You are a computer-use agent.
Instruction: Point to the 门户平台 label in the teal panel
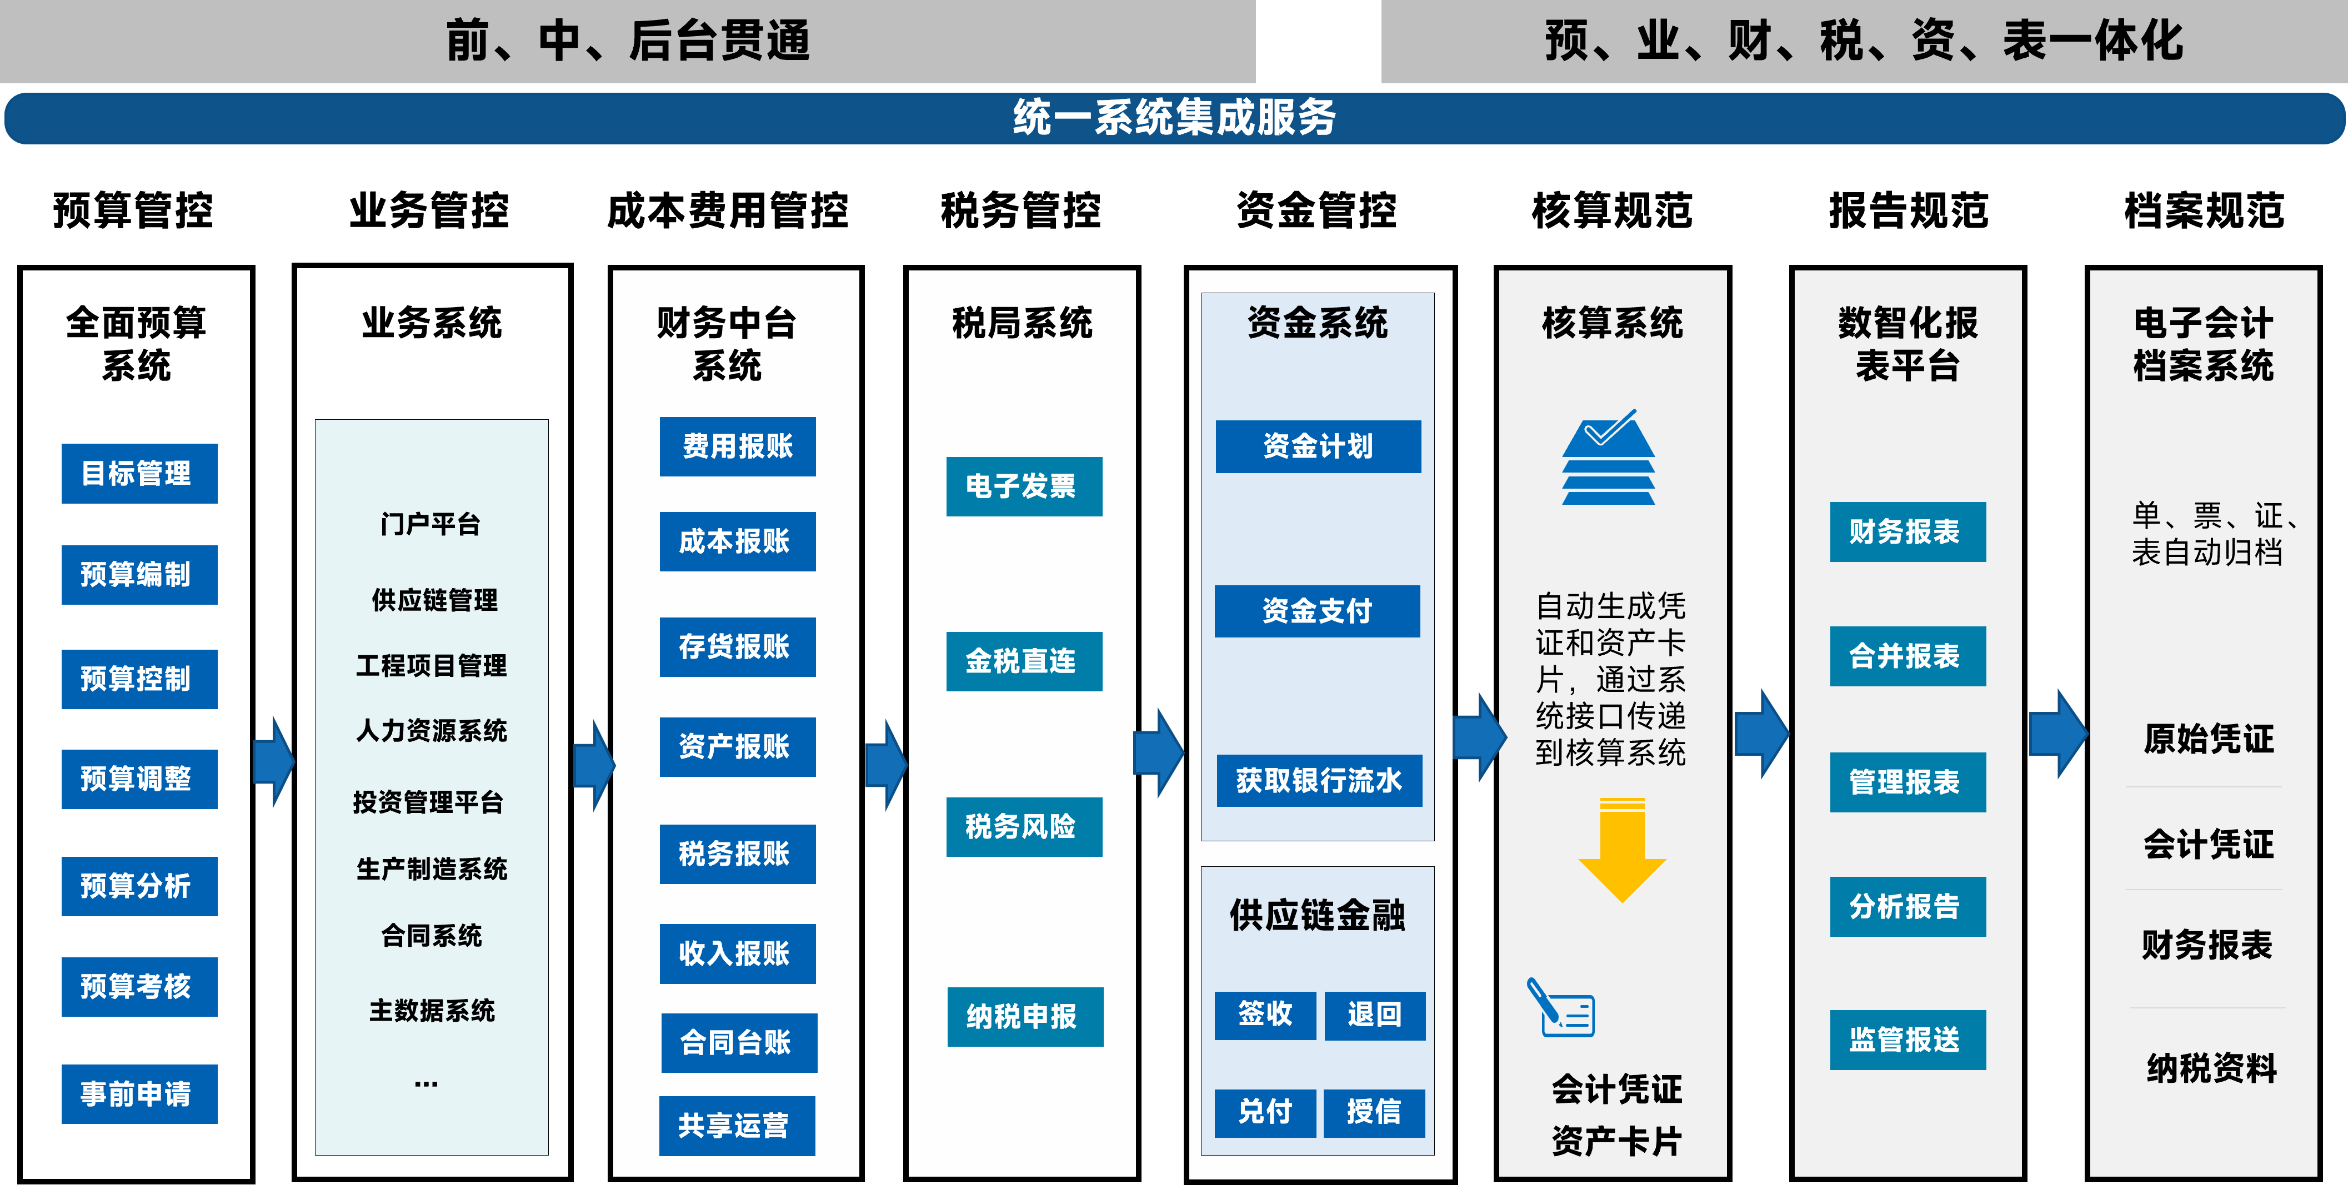pyautogui.click(x=430, y=524)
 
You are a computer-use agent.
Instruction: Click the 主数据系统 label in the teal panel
pyautogui.click(x=431, y=1010)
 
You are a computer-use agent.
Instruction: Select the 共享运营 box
pyautogui.click(x=737, y=1126)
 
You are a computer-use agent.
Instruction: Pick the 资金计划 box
pyautogui.click(x=1318, y=446)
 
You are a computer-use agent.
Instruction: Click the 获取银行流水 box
pyautogui.click(x=1319, y=780)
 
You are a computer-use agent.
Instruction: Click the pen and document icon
pyautogui.click(x=1560, y=1008)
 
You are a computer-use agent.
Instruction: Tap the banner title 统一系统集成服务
pyautogui.click(x=1174, y=118)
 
